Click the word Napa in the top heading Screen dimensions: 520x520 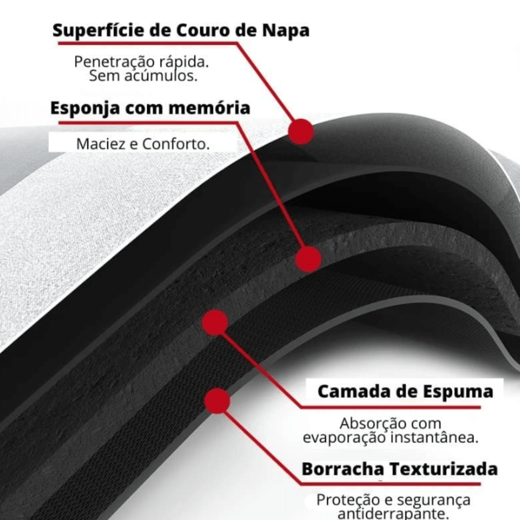pyautogui.click(x=286, y=31)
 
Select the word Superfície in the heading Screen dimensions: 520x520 pyautogui.click(x=99, y=30)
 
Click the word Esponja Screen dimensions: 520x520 pyautogui.click(x=85, y=109)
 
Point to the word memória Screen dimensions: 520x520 pyautogui.click(x=210, y=108)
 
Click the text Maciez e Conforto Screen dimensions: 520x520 pyautogui.click(x=143, y=144)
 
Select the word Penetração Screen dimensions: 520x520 pyautogui.click(x=114, y=62)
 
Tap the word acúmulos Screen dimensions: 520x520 pyautogui.click(x=161, y=76)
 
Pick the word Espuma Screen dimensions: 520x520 pyautogui.click(x=459, y=392)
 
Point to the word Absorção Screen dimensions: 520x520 pyautogui.click(x=373, y=424)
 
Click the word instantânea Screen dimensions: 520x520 pyautogui.click(x=435, y=437)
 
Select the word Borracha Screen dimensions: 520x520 pyautogui.click(x=343, y=469)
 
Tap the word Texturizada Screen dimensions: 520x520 pyautogui.click(x=444, y=469)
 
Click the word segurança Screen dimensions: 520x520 pyautogui.click(x=434, y=500)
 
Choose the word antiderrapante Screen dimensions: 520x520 pyautogui.click(x=393, y=514)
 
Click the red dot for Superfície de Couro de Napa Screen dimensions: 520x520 pyautogui.click(x=301, y=132)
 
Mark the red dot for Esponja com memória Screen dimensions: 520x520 pyautogui.click(x=308, y=259)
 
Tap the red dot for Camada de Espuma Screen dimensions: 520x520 pyautogui.click(x=215, y=322)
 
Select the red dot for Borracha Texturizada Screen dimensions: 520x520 pyautogui.click(x=217, y=401)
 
